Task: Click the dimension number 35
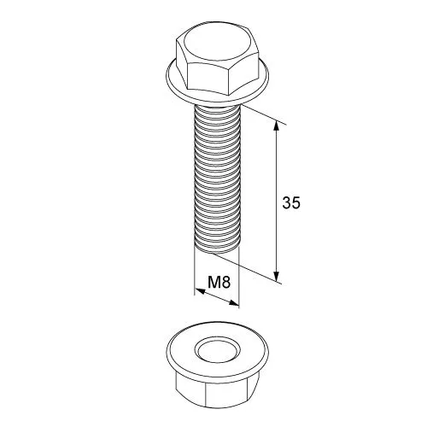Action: tap(291, 203)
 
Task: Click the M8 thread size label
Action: tap(219, 283)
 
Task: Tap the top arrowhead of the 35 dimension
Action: tap(276, 126)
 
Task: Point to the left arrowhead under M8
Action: tap(201, 291)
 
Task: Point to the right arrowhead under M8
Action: tap(234, 303)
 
